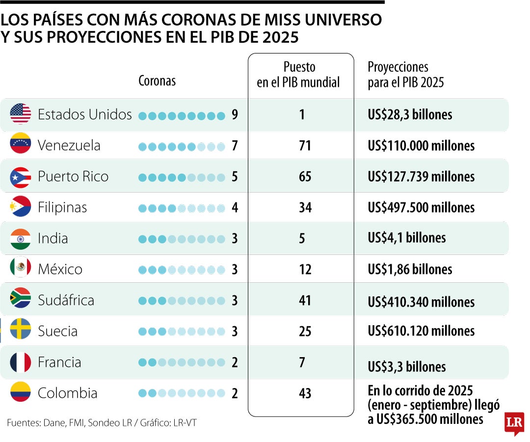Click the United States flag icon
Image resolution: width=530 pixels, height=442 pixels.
(x=20, y=114)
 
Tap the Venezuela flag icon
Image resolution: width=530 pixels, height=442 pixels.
(x=20, y=145)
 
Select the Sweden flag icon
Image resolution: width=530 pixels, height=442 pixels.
(x=20, y=331)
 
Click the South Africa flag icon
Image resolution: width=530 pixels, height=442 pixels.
(x=20, y=300)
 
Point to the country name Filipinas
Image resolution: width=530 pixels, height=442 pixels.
(x=62, y=207)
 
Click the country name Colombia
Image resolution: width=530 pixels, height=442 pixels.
(x=67, y=393)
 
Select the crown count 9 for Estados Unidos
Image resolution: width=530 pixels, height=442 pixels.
(x=235, y=115)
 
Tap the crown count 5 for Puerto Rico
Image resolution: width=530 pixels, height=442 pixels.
(x=235, y=177)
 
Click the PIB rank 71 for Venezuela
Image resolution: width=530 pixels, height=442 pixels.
(x=305, y=146)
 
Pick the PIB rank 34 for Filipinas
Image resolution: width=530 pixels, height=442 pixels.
(x=305, y=208)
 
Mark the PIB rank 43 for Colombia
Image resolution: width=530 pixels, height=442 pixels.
(x=305, y=393)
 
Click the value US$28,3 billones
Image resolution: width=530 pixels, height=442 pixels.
(x=410, y=115)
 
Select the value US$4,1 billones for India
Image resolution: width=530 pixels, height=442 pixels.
(x=407, y=238)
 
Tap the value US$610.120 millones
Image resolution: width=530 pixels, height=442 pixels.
(x=421, y=331)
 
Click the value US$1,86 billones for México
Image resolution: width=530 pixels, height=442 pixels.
(x=410, y=269)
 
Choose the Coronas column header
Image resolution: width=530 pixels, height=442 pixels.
(x=157, y=81)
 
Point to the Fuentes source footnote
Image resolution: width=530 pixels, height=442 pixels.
(x=102, y=423)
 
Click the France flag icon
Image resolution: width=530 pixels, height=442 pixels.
(x=20, y=362)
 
